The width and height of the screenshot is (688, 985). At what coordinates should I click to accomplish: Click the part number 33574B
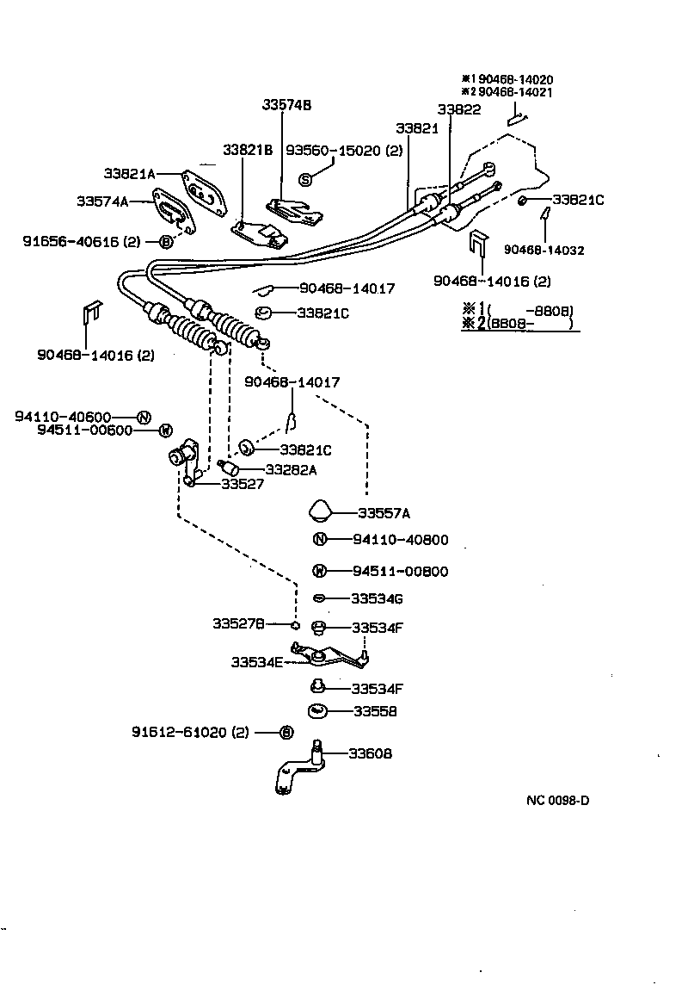coord(286,105)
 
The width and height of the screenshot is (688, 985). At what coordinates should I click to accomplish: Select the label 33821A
coord(129,173)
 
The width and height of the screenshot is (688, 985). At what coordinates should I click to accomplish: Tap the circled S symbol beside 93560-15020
coord(304,179)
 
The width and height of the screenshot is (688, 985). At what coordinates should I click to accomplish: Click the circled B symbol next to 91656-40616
coord(166,242)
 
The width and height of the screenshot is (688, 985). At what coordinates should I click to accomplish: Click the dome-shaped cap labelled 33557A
coord(320,511)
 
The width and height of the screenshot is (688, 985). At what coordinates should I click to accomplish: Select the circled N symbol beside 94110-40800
coord(319,541)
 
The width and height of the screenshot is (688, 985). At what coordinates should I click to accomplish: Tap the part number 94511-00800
coord(400,572)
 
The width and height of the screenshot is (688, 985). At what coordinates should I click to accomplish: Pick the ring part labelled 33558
coord(317,711)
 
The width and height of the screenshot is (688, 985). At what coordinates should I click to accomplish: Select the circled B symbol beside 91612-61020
coord(286,733)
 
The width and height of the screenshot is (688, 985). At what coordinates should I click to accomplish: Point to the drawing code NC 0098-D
coord(558,800)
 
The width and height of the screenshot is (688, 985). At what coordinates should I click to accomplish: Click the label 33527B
coord(238,623)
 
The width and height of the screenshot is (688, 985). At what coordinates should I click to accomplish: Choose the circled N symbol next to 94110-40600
coord(144,417)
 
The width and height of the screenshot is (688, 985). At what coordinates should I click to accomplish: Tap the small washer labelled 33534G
coord(318,598)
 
